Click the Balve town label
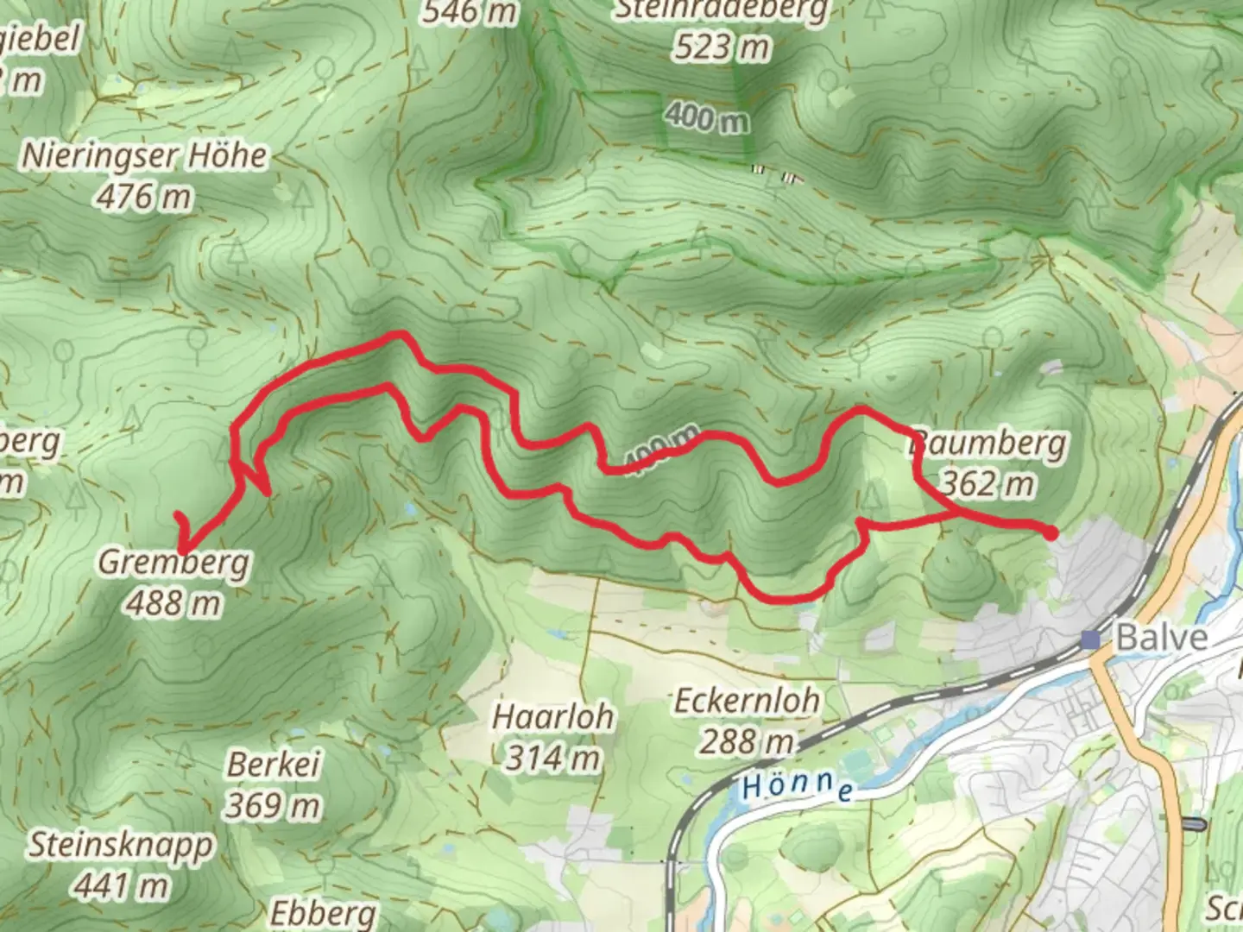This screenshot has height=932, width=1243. pyautogui.click(x=1161, y=638)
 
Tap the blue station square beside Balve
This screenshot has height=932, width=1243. pyautogui.click(x=1092, y=639)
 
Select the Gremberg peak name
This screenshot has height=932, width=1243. pyautogui.click(x=174, y=562)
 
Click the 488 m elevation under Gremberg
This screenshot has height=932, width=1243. pyautogui.click(x=174, y=602)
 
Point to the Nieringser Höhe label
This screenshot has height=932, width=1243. pyautogui.click(x=144, y=156)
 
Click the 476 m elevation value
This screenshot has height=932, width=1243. pyautogui.click(x=143, y=197)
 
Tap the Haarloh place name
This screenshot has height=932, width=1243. pyautogui.click(x=552, y=716)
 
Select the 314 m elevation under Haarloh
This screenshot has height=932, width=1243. pyautogui.click(x=552, y=758)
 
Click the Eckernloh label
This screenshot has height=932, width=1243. pyautogui.click(x=747, y=700)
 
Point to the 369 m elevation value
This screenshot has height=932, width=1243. pyautogui.click(x=272, y=805)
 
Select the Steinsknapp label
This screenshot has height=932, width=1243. pyautogui.click(x=121, y=845)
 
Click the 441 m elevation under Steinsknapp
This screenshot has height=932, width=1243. pyautogui.click(x=121, y=885)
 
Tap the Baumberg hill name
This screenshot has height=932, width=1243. pyautogui.click(x=989, y=444)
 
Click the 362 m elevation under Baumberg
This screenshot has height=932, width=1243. pyautogui.click(x=987, y=484)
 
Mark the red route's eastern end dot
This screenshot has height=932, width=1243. pyautogui.click(x=1051, y=533)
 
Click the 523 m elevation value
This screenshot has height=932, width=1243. pyautogui.click(x=722, y=47)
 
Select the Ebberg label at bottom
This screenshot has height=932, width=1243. pyautogui.click(x=323, y=913)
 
